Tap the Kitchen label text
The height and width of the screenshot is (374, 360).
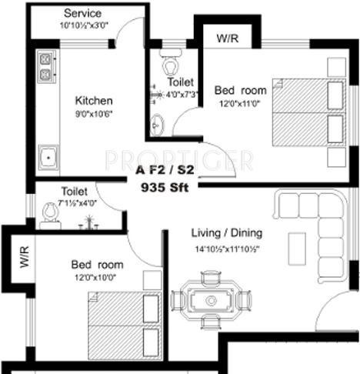tap(94, 101)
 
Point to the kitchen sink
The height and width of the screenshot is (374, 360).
tap(48, 157)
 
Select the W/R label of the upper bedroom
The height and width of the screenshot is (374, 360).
tap(227, 38)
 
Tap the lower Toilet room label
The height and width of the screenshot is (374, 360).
tap(75, 191)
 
